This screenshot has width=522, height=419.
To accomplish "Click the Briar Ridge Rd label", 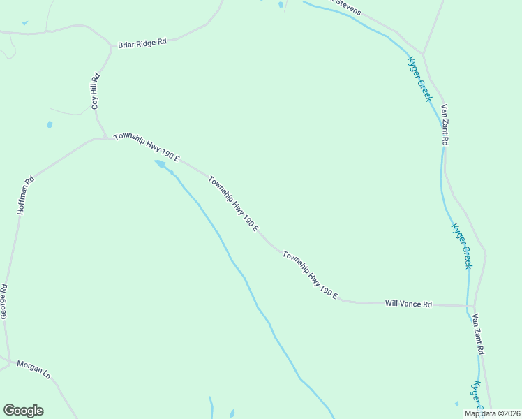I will (x=142, y=42).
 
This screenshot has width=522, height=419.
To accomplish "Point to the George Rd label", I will (x=3, y=302).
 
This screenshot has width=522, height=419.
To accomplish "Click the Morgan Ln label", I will (x=34, y=369).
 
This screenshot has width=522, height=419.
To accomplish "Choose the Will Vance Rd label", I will (x=409, y=304).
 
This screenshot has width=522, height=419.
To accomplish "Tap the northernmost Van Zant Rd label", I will (x=445, y=125).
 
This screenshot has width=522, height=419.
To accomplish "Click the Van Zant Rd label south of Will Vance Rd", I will (x=478, y=335).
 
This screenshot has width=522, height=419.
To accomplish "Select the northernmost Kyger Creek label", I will (x=420, y=79).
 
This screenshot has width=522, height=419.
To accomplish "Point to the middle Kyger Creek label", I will (x=462, y=246).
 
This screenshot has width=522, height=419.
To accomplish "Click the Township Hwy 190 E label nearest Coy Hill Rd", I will (x=147, y=147).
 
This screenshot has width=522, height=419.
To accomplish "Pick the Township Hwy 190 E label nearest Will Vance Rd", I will (x=311, y=277).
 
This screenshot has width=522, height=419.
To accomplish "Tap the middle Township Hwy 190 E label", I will (x=234, y=204).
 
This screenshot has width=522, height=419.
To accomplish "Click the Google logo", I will (x=23, y=411).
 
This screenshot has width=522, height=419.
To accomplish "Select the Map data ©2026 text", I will (x=492, y=413).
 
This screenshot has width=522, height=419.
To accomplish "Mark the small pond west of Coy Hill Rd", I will (x=50, y=125).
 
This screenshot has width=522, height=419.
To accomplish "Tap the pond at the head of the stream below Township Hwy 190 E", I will (x=161, y=164).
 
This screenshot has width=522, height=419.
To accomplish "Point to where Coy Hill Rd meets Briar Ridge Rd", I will (x=111, y=47).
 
